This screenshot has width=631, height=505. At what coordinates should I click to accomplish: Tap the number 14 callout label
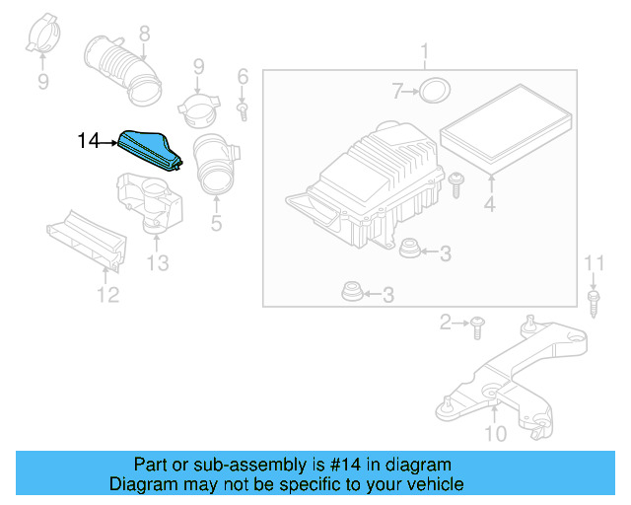coord(89,142)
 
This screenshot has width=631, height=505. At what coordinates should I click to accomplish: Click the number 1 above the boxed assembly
coord(425,51)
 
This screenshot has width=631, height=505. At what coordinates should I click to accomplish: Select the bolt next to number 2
coord(476,322)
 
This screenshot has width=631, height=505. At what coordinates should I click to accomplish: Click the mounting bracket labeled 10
coord(503,380)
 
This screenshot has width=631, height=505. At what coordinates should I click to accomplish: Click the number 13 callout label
coord(158,262)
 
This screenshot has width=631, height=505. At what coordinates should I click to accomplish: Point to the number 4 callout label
coord(488,206)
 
